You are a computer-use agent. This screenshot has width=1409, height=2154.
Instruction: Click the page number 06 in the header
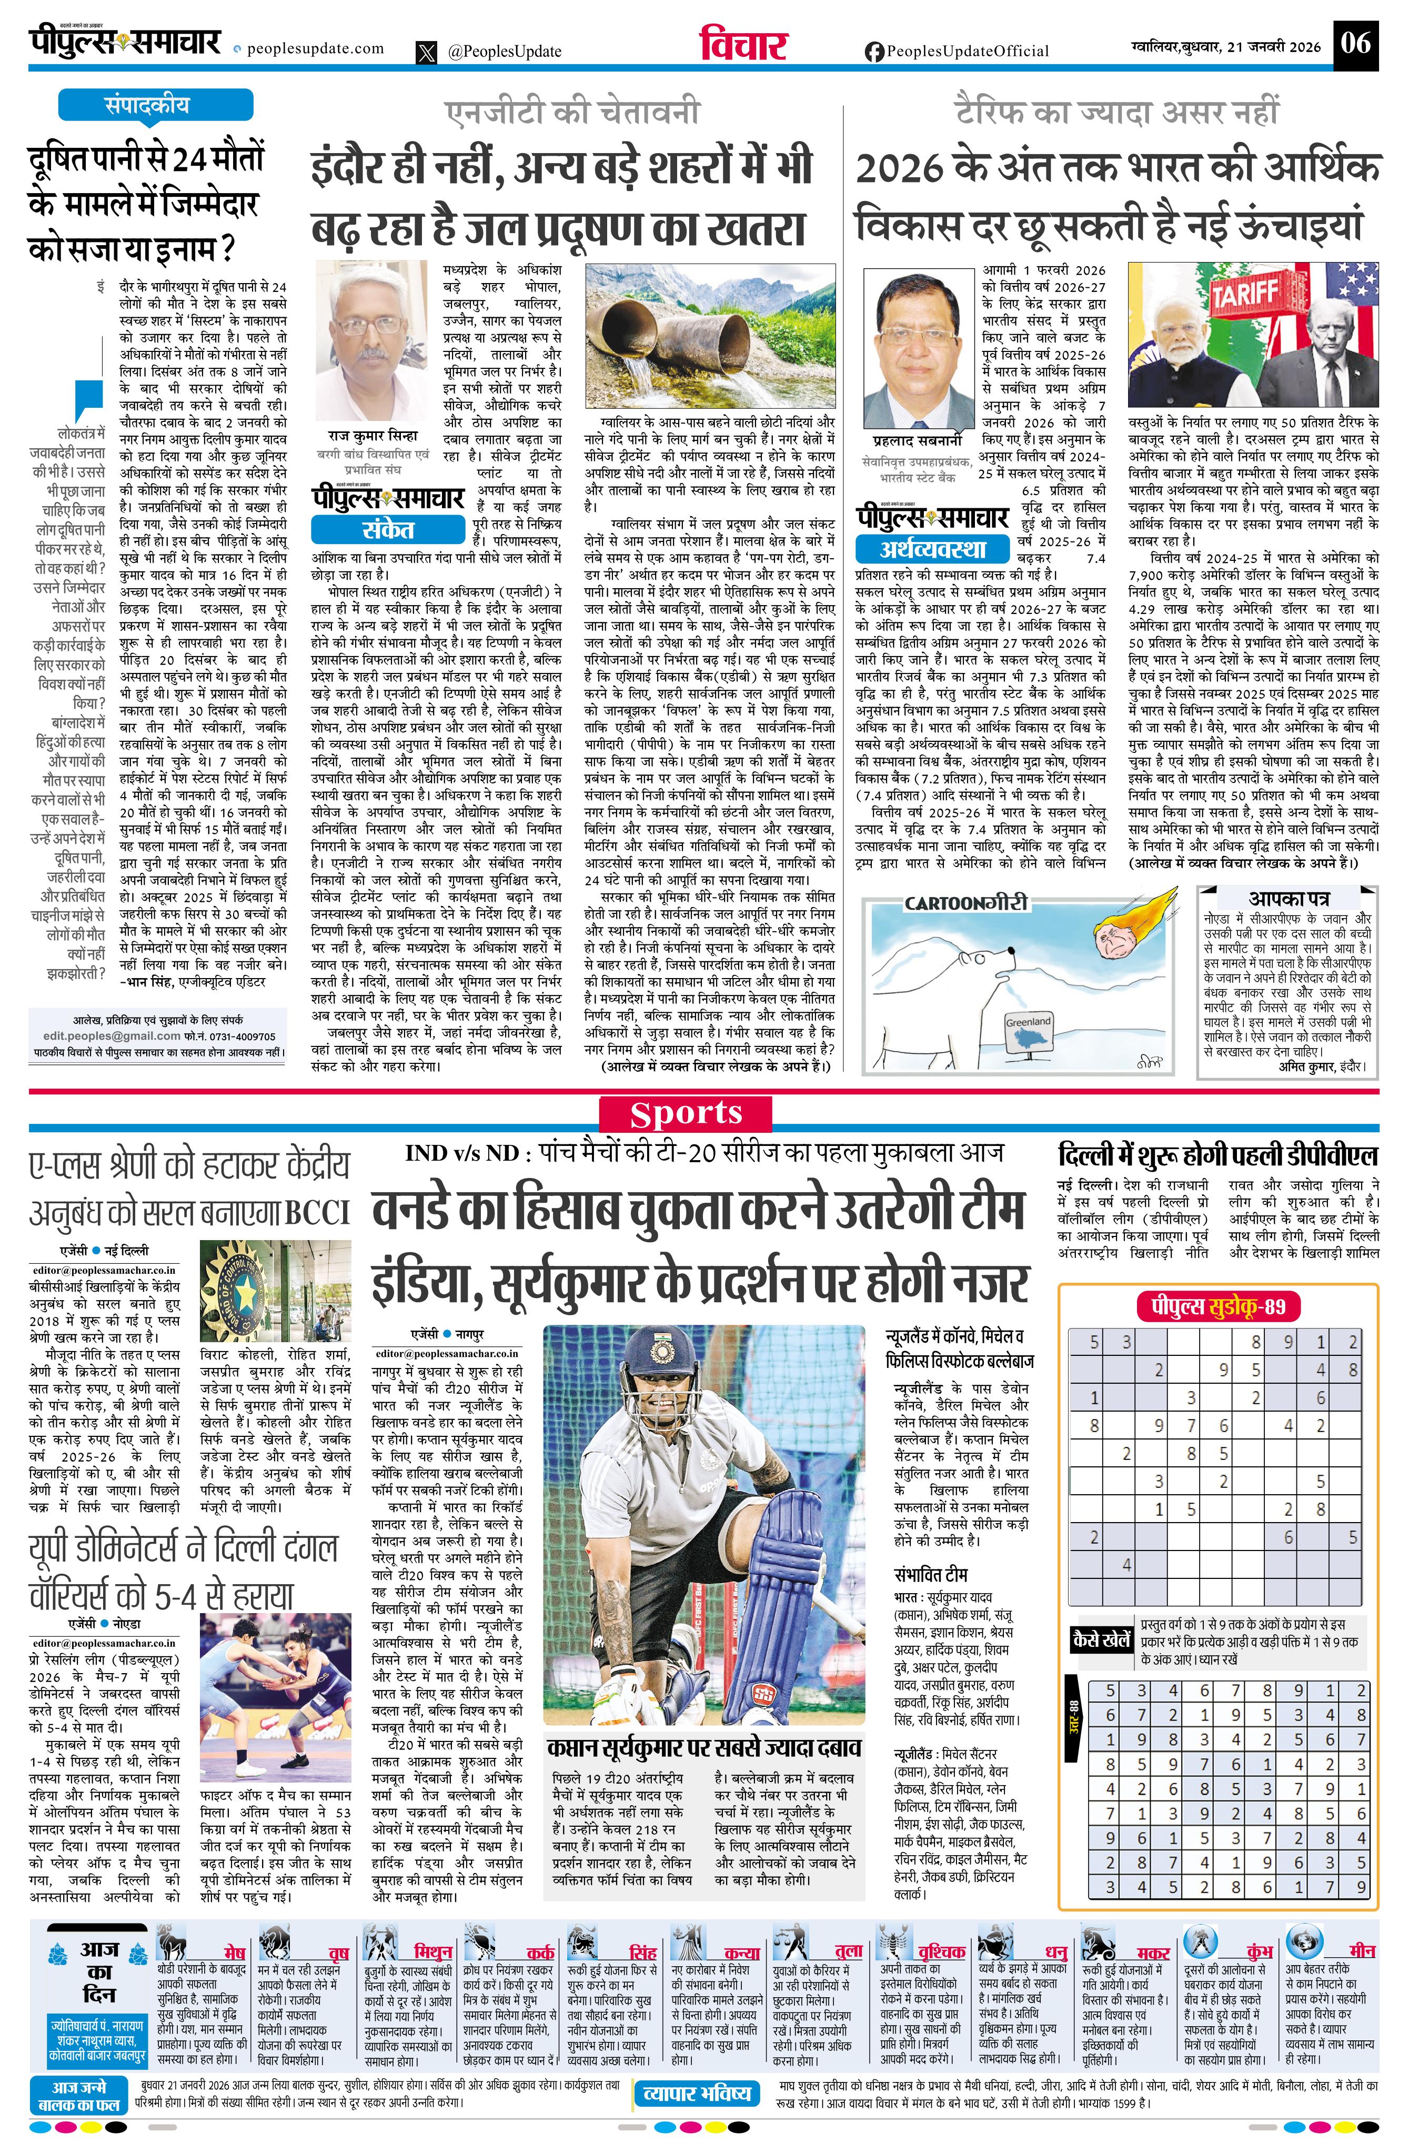click(1356, 43)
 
